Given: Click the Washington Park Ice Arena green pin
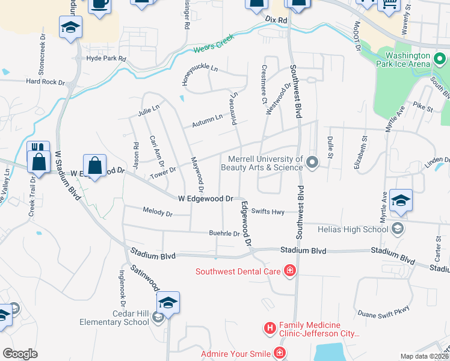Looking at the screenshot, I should coord(440,58).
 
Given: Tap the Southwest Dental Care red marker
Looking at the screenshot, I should coord(290,271).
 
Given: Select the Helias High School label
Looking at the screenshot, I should coord(359,229).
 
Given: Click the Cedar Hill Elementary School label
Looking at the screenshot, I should coord(114,318).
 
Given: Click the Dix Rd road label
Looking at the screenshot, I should coord(277,20).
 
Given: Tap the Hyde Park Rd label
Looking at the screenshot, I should coord(106,59).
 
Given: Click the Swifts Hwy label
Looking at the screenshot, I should coord(268,211).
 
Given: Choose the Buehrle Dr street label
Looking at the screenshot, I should coord(224,233).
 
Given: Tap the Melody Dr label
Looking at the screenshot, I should coord(158,212).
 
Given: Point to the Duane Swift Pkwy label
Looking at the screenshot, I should coord(383,313).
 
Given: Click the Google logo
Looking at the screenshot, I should coord(20,353).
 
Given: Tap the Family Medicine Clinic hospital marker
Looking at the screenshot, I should coord(270,329).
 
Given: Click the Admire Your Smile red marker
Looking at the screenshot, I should coord(279,353).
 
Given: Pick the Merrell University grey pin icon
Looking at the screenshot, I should coord(312,162).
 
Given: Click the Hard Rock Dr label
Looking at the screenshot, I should coord(45,81).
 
